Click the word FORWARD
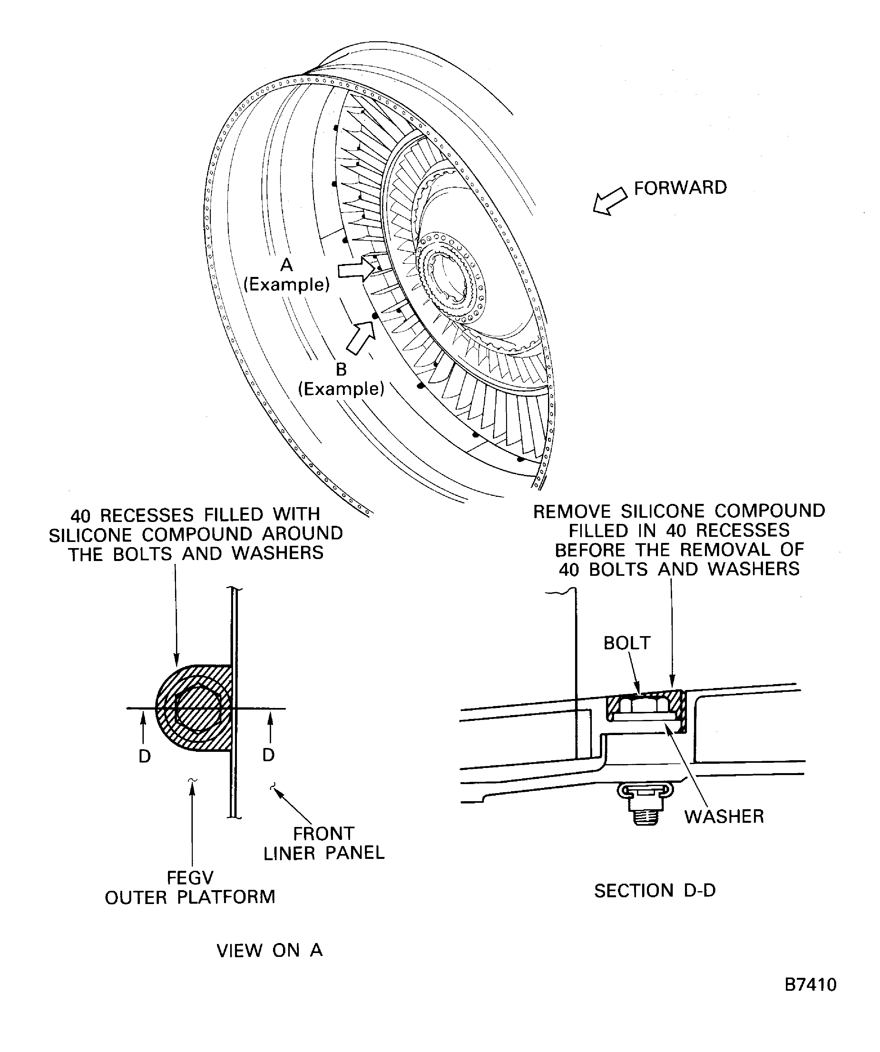tap(680, 188)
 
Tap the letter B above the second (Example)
tap(341, 369)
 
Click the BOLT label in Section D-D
tap(627, 643)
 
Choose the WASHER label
tap(724, 817)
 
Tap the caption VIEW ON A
tap(269, 950)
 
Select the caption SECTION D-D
tap(655, 890)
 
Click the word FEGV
tap(190, 878)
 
